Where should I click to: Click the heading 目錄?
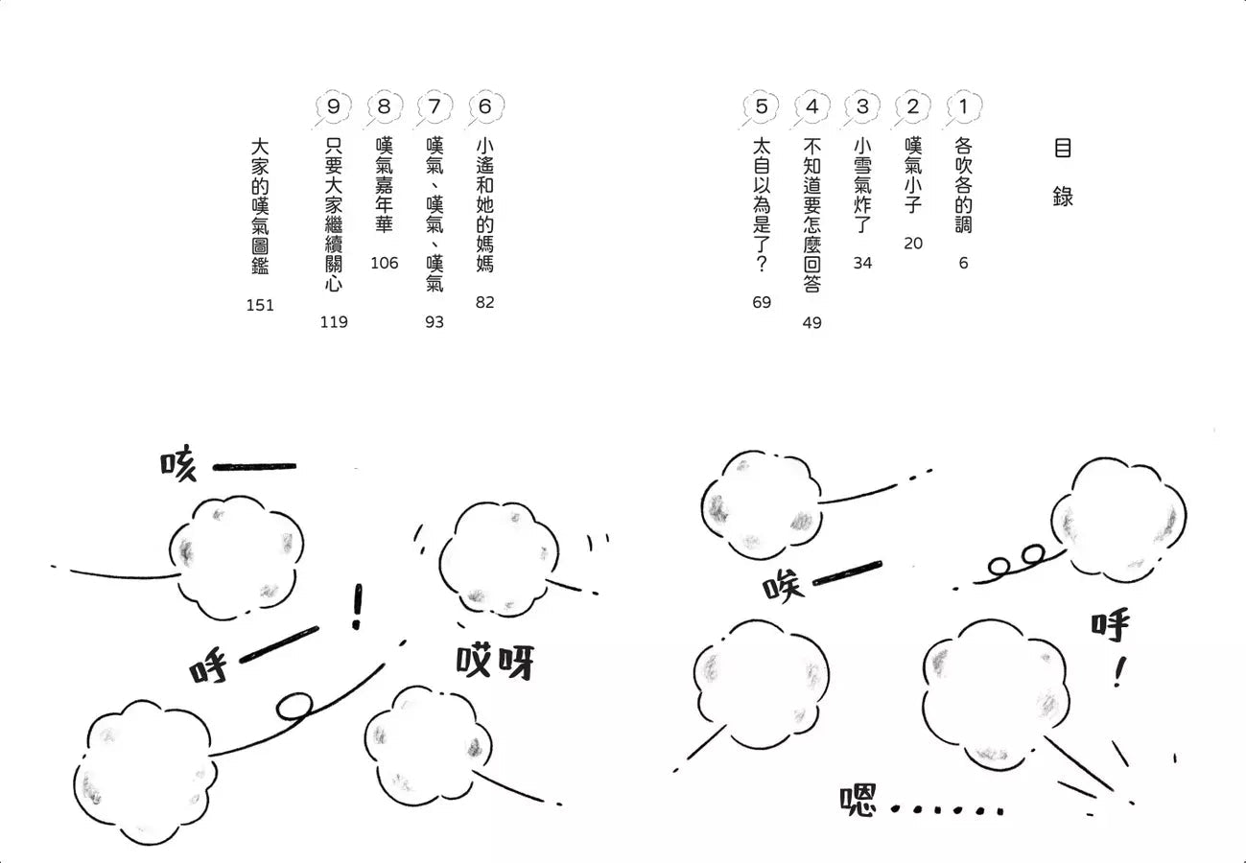point(1062,173)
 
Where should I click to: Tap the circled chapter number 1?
point(963,107)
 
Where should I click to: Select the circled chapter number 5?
point(762,107)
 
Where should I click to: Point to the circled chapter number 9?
point(333,107)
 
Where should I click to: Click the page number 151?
point(260,306)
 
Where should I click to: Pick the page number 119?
point(334,322)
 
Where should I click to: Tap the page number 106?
point(384,264)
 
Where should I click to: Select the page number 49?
point(811,323)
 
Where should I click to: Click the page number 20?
point(912,244)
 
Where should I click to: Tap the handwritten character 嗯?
point(858,801)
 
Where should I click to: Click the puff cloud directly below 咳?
point(236,557)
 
